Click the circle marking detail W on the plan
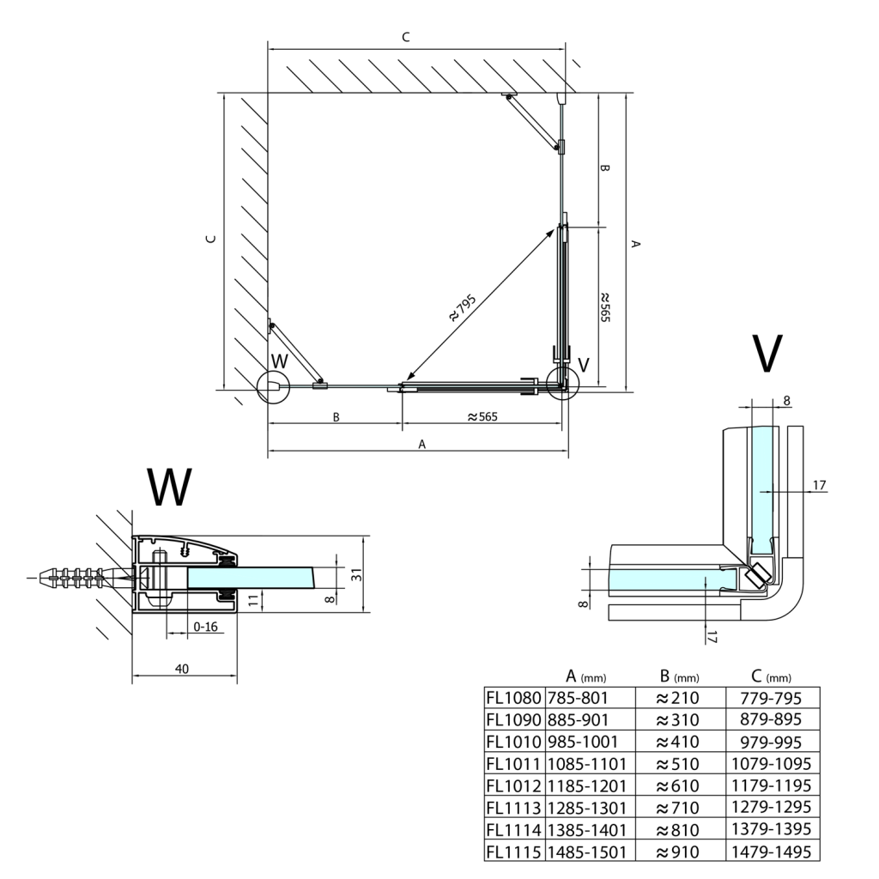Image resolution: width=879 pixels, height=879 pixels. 274,386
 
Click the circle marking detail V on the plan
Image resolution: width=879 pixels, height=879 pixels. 562,384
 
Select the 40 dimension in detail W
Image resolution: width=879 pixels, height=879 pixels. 181,668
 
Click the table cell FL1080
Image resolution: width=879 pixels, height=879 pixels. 514,696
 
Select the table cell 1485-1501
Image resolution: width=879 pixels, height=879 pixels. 587,852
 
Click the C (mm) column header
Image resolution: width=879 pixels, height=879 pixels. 771,676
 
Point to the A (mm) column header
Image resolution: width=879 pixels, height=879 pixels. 587,676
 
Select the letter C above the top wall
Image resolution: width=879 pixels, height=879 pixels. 406,37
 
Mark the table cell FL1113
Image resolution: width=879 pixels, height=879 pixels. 514,808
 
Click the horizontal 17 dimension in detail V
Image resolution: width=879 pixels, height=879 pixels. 819,486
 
